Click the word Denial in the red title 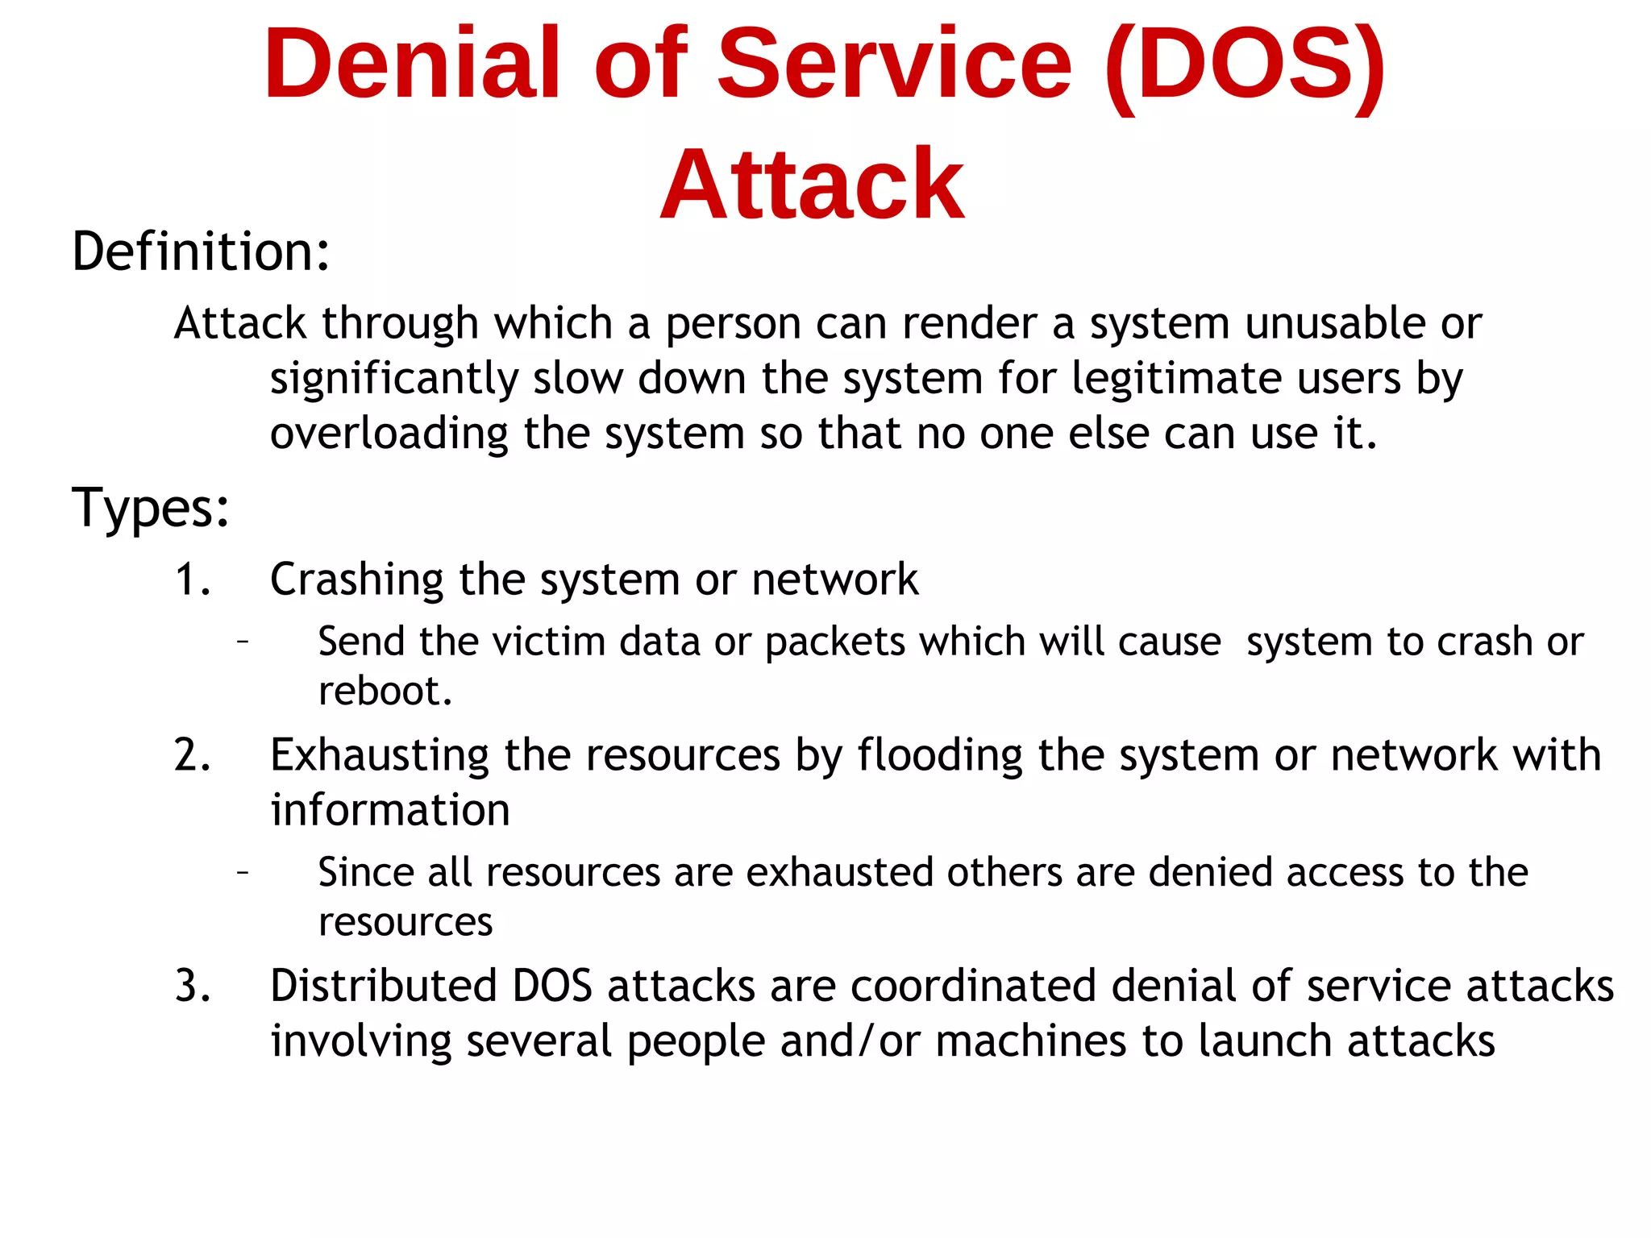coord(411,64)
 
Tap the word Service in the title coord(894,64)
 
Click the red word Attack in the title coord(812,185)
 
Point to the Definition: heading coord(201,251)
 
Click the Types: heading coord(151,508)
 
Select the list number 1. coord(192,580)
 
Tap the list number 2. coord(192,755)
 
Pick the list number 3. coord(192,986)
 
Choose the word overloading coord(389,434)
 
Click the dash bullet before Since coord(242,872)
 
